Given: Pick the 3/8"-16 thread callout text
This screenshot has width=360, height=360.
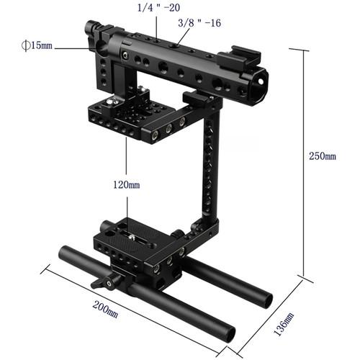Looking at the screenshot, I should tap(199, 24).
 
